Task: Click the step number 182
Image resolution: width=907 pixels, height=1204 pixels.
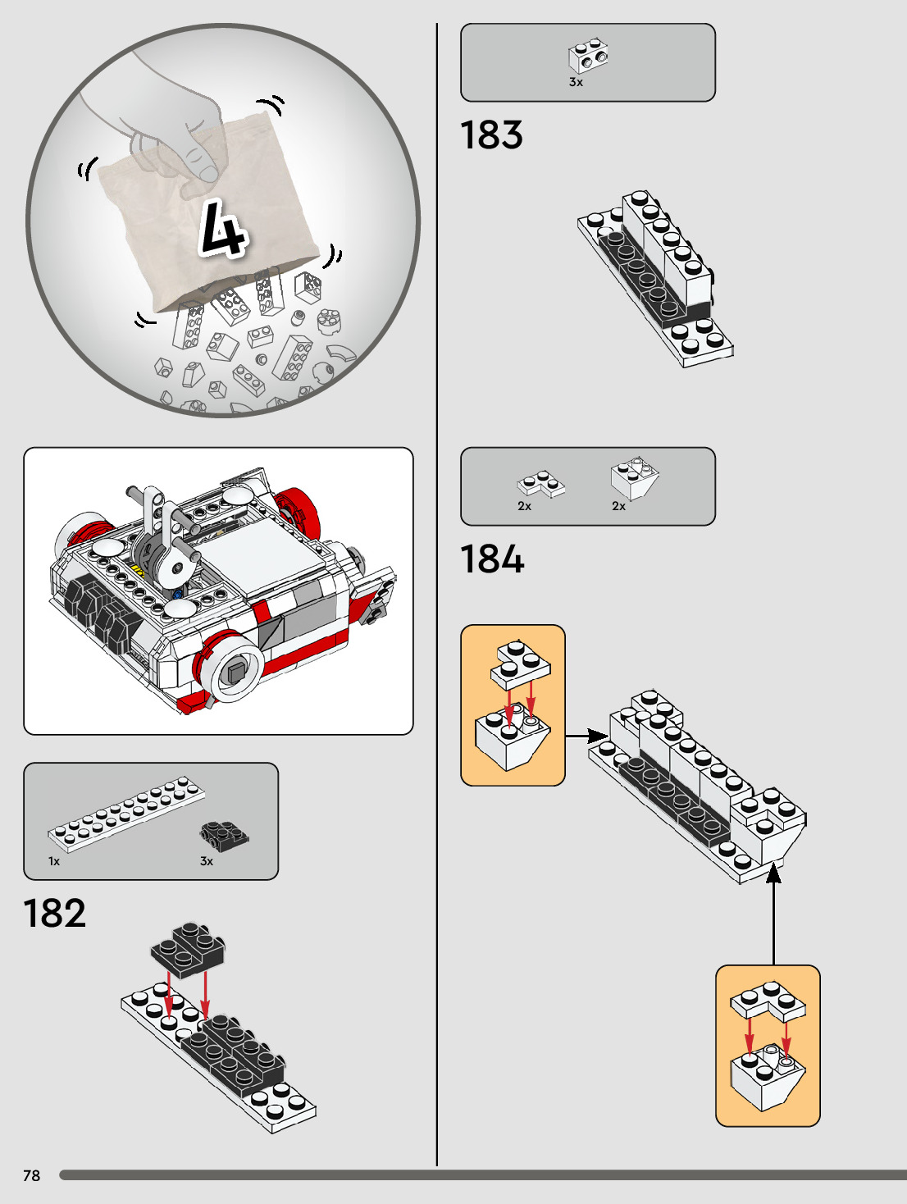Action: click(54, 914)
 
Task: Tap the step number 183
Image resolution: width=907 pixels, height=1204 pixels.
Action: click(491, 135)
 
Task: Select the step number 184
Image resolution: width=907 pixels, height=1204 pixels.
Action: click(492, 559)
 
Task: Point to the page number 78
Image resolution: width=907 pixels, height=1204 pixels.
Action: click(31, 1175)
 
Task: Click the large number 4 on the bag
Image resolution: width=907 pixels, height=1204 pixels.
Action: click(221, 227)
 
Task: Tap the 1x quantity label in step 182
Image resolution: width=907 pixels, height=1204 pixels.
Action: click(54, 861)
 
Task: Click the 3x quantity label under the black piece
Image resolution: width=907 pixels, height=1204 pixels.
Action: click(207, 861)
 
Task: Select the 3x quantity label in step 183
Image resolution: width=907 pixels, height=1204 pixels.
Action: click(576, 82)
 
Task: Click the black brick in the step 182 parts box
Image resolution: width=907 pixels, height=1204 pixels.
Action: click(224, 835)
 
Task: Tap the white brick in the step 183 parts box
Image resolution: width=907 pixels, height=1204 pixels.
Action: click(589, 56)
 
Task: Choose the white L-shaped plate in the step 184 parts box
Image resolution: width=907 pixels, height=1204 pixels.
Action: click(540, 483)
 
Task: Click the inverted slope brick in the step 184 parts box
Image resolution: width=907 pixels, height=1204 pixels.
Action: click(634, 478)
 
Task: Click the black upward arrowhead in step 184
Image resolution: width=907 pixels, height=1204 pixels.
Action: click(773, 874)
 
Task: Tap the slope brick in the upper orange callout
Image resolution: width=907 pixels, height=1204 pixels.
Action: click(512, 736)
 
